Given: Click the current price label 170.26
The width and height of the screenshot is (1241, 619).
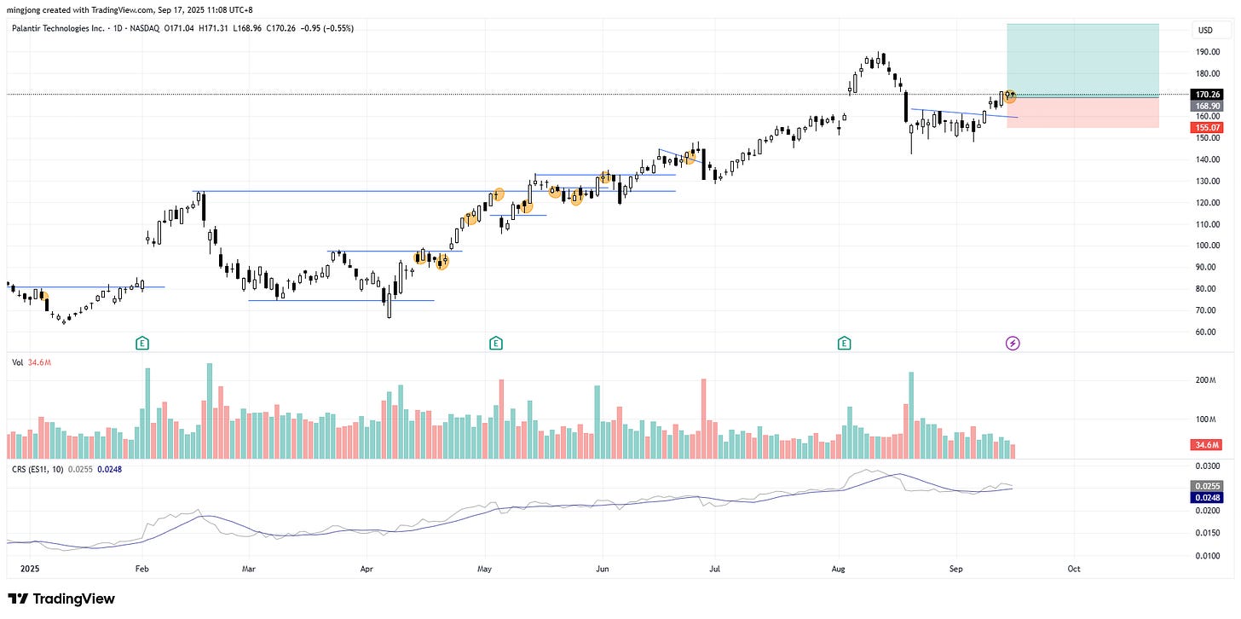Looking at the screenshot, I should [x=1209, y=95].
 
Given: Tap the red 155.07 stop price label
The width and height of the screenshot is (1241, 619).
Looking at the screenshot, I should [x=1209, y=127].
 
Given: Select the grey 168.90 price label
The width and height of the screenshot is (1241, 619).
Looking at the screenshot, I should [x=1209, y=106].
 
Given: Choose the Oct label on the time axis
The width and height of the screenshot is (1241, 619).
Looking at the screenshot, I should [x=1074, y=568].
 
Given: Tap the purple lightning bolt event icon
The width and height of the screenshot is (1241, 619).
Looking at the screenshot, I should [x=1013, y=343].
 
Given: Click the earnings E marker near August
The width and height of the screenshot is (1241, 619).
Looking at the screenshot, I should [x=844, y=343].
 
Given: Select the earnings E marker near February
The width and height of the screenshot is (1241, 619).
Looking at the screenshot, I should [x=142, y=343].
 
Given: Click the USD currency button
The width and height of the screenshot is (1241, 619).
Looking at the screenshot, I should [x=1205, y=31].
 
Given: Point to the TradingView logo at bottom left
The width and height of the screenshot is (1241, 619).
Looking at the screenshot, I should [x=61, y=599].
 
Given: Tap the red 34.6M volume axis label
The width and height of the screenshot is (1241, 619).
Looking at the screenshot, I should [x=1209, y=445].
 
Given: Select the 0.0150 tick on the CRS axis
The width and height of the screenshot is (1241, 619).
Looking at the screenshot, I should [x=1209, y=533].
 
